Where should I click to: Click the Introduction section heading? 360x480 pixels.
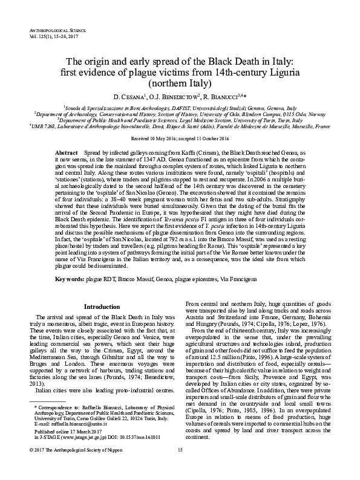pos(102,307)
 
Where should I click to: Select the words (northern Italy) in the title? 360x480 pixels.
pos(180,83)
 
